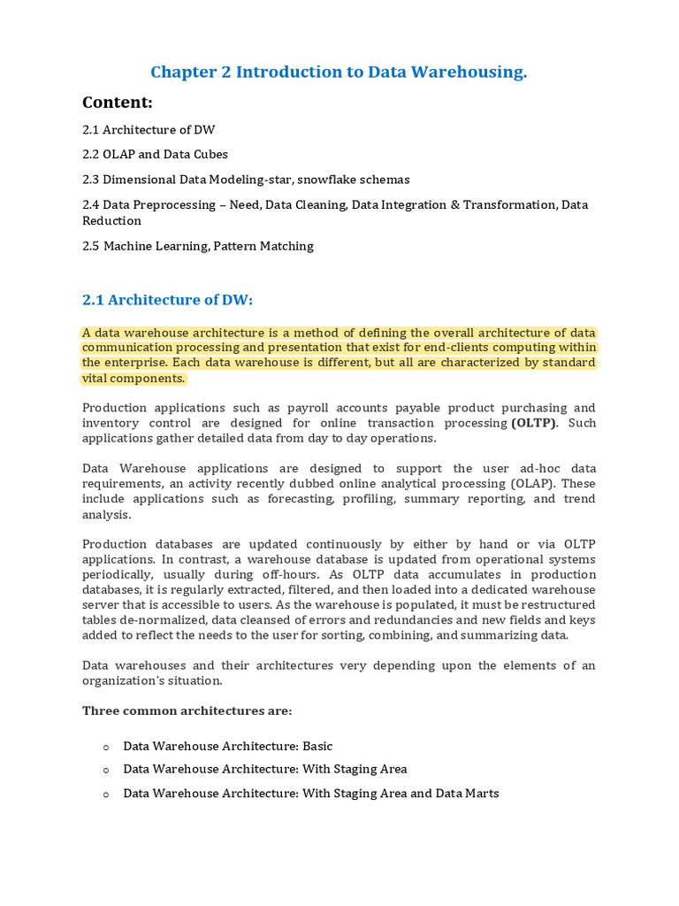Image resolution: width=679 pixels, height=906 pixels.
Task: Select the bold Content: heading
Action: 118,103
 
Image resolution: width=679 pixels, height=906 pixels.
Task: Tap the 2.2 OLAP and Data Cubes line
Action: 155,154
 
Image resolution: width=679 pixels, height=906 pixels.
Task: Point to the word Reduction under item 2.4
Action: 111,220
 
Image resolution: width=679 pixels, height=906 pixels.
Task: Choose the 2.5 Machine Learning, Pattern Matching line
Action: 198,246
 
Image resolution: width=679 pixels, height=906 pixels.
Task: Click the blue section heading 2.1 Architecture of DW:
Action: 168,300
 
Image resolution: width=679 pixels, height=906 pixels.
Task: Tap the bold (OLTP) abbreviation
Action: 534,423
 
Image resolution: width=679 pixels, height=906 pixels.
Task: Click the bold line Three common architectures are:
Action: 187,711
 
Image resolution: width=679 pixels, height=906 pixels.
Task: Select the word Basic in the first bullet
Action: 317,747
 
